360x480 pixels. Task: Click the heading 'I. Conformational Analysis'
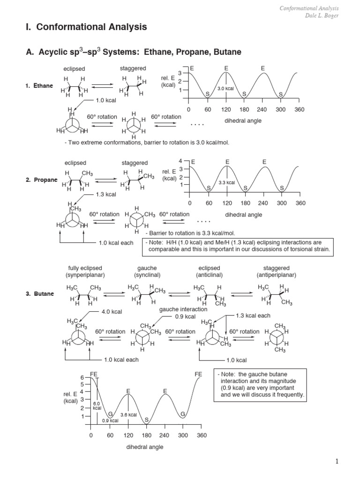(x=86, y=27)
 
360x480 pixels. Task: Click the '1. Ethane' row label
(x=40, y=86)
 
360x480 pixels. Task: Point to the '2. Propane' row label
(x=42, y=180)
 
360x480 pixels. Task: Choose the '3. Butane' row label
(x=40, y=294)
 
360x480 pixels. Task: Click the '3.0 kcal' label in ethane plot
(x=225, y=89)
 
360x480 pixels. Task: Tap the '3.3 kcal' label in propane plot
(x=227, y=182)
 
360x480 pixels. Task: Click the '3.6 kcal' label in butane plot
(x=128, y=415)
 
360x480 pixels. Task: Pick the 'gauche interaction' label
(x=183, y=309)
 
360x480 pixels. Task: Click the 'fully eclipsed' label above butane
(x=85, y=268)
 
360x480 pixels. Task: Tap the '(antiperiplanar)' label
(x=277, y=275)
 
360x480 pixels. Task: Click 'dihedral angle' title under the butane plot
(x=145, y=447)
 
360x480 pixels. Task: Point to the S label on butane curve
(x=146, y=420)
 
